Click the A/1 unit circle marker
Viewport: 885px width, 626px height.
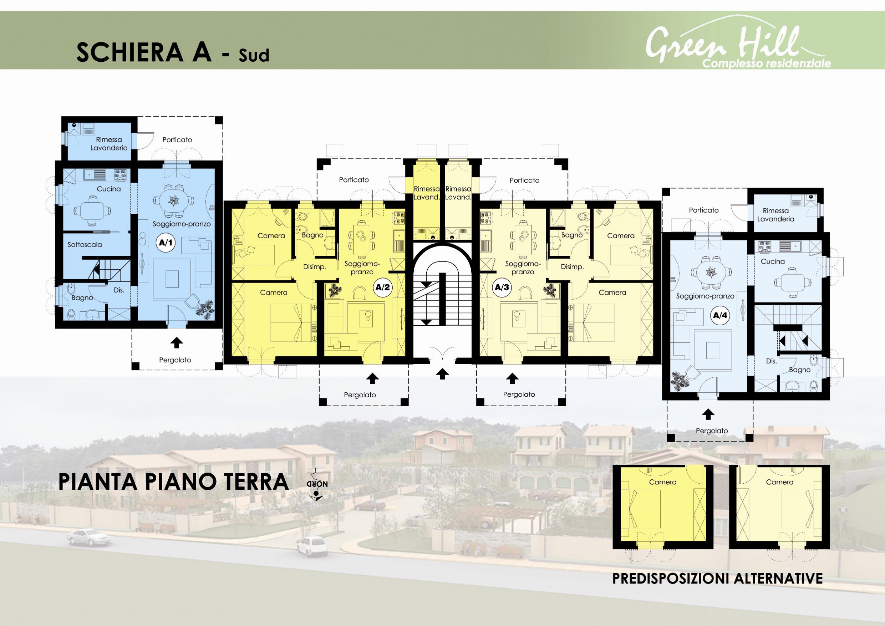click(166, 243)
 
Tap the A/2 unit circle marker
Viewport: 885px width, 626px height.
click(383, 287)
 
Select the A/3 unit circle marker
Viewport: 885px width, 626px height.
click(502, 287)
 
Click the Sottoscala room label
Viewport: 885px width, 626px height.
click(85, 245)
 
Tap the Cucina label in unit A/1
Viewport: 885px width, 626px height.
click(109, 189)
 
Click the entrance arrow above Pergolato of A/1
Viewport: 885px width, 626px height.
click(177, 342)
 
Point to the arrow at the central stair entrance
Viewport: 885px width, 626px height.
click(442, 373)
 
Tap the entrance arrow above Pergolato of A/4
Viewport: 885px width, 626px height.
click(708, 414)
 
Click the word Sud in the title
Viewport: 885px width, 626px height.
click(254, 56)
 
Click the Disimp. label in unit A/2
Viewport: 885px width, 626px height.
click(315, 267)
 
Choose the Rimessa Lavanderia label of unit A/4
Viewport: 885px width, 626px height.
click(775, 215)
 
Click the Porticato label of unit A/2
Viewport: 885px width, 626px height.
click(354, 180)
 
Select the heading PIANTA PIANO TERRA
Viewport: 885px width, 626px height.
click(173, 482)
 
